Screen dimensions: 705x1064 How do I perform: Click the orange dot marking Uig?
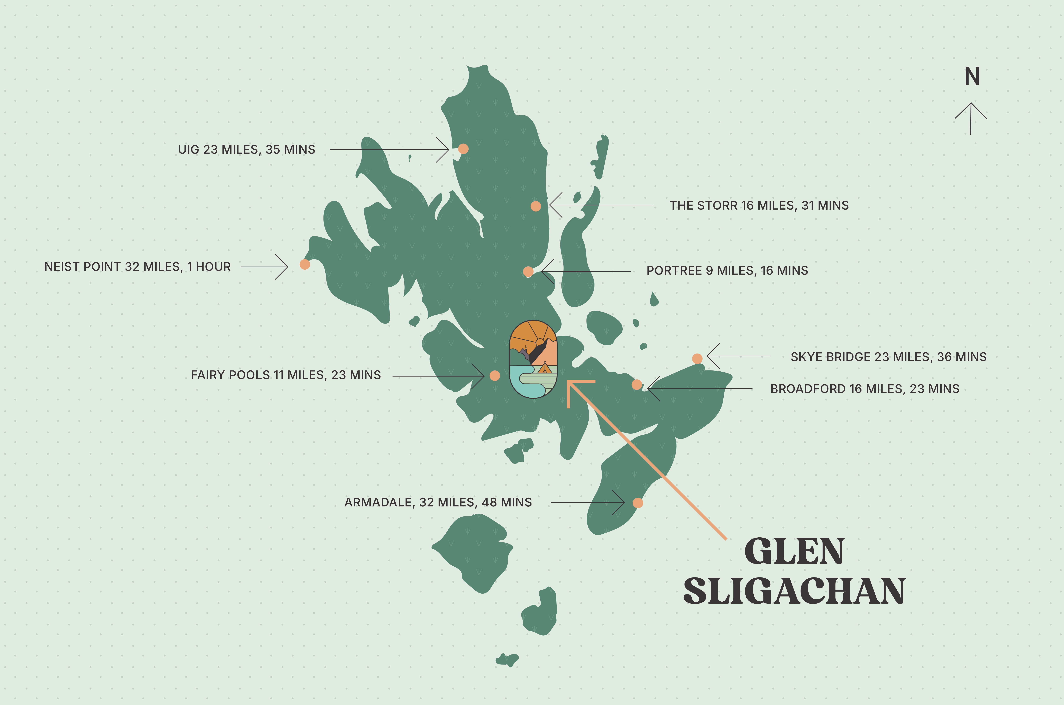[463, 149]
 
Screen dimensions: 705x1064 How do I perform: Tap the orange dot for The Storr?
[536, 206]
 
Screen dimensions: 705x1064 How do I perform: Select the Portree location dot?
[528, 271]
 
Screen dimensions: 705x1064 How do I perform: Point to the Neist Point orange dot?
[305, 264]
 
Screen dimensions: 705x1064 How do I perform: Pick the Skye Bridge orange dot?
[697, 358]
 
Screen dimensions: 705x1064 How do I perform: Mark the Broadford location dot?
[636, 385]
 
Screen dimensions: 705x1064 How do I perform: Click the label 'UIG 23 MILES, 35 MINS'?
[246, 150]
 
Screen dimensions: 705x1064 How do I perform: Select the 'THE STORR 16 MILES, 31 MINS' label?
[759, 205]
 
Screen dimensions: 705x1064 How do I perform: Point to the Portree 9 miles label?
[727, 271]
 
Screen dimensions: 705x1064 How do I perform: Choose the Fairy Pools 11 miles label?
[286, 375]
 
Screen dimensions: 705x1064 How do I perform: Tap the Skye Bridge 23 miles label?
[888, 357]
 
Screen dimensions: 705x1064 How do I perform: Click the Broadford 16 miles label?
[864, 389]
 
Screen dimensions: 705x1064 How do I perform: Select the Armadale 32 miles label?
[438, 502]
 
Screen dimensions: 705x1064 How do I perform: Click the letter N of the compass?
[972, 77]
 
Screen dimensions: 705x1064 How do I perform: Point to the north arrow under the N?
[971, 118]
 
